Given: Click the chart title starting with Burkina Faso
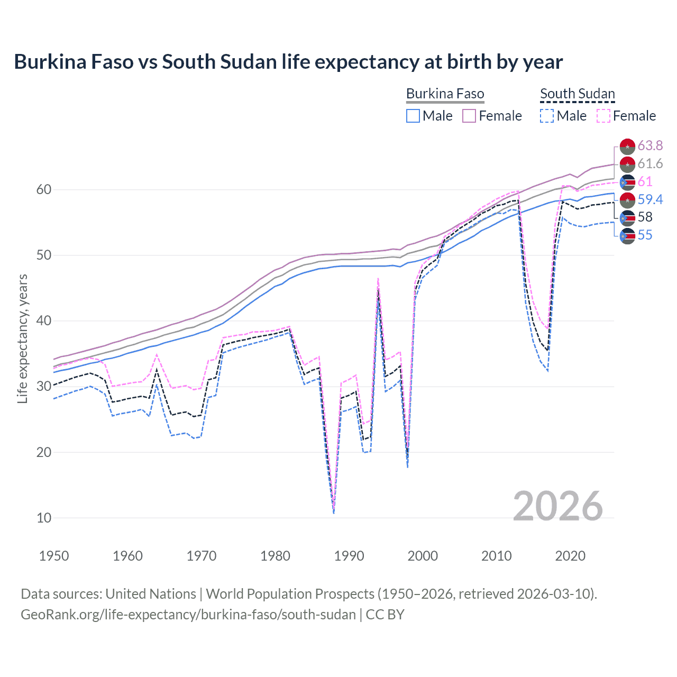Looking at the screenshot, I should (x=288, y=62).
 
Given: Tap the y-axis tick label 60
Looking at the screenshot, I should (x=44, y=190).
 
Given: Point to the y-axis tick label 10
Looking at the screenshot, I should (x=44, y=518).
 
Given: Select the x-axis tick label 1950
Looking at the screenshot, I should (x=54, y=556).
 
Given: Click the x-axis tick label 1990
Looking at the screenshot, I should (x=349, y=556).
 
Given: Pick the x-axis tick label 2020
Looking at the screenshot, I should (x=570, y=556).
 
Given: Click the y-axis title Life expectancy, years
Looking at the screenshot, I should (x=22, y=338).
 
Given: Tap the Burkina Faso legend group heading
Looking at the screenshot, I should (x=445, y=94).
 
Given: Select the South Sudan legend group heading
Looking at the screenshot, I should (x=577, y=94).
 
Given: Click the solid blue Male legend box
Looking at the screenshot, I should (x=413, y=116).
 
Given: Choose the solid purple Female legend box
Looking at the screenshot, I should (x=470, y=116).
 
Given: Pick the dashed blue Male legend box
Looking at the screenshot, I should (x=547, y=116).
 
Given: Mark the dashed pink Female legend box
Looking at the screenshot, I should (x=603, y=116).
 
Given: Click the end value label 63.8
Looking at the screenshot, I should (x=650, y=145).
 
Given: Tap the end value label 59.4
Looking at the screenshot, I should (x=650, y=199).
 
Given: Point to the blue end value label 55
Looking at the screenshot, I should (x=645, y=235).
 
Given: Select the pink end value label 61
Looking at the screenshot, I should (x=645, y=181).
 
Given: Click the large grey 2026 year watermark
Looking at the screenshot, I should (x=557, y=506).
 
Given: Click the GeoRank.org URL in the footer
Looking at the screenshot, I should (x=188, y=615).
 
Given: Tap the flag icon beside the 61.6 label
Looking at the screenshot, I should (x=627, y=164).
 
